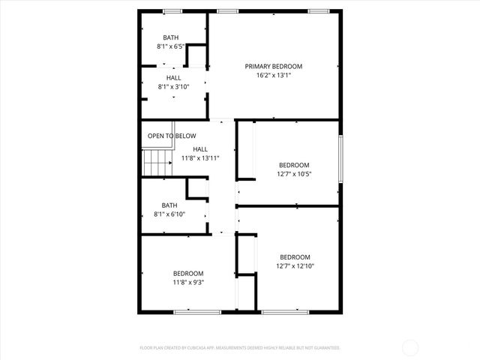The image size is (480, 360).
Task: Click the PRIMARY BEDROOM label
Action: click(273, 66)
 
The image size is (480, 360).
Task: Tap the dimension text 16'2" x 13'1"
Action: click(273, 75)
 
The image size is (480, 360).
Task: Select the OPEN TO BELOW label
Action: click(172, 136)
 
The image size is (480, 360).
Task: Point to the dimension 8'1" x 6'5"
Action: click(170, 46)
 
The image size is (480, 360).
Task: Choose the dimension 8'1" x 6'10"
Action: click(169, 214)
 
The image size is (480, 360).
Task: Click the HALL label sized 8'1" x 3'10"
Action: click(173, 77)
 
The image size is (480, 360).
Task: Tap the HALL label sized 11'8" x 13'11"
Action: click(200, 149)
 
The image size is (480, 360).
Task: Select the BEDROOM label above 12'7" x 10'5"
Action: click(294, 165)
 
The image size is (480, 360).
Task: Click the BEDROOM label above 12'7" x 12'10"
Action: click(295, 256)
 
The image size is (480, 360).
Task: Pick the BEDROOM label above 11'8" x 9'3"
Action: click(188, 273)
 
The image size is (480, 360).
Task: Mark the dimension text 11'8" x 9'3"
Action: click(188, 283)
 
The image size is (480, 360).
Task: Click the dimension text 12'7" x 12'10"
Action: click(295, 265)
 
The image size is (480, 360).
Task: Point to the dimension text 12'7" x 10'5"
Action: click(294, 174)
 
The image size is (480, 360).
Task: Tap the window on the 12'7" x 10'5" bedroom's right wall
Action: click(341, 157)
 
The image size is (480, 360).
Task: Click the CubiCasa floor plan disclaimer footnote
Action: click(240, 348)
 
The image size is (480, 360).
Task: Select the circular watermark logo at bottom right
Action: click(410, 347)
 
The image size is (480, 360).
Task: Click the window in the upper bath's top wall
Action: click(173, 11)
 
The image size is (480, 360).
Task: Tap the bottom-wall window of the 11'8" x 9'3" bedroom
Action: click(197, 312)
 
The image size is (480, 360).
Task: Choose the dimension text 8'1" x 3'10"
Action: click(173, 86)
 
